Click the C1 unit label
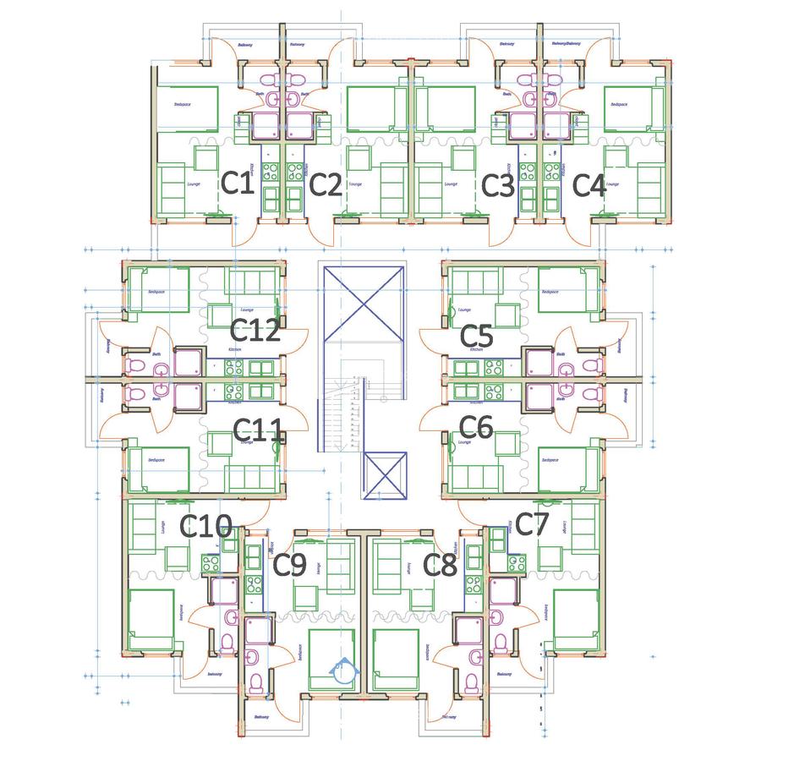[x=238, y=183]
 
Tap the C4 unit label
[x=589, y=185]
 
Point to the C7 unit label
[x=533, y=524]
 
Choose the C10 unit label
[x=206, y=528]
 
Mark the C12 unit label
[x=255, y=331]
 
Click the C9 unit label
[x=289, y=566]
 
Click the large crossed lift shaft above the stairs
[x=361, y=303]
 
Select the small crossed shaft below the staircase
[x=385, y=476]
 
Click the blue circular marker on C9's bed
[x=341, y=671]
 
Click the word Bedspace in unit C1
[x=182, y=104]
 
